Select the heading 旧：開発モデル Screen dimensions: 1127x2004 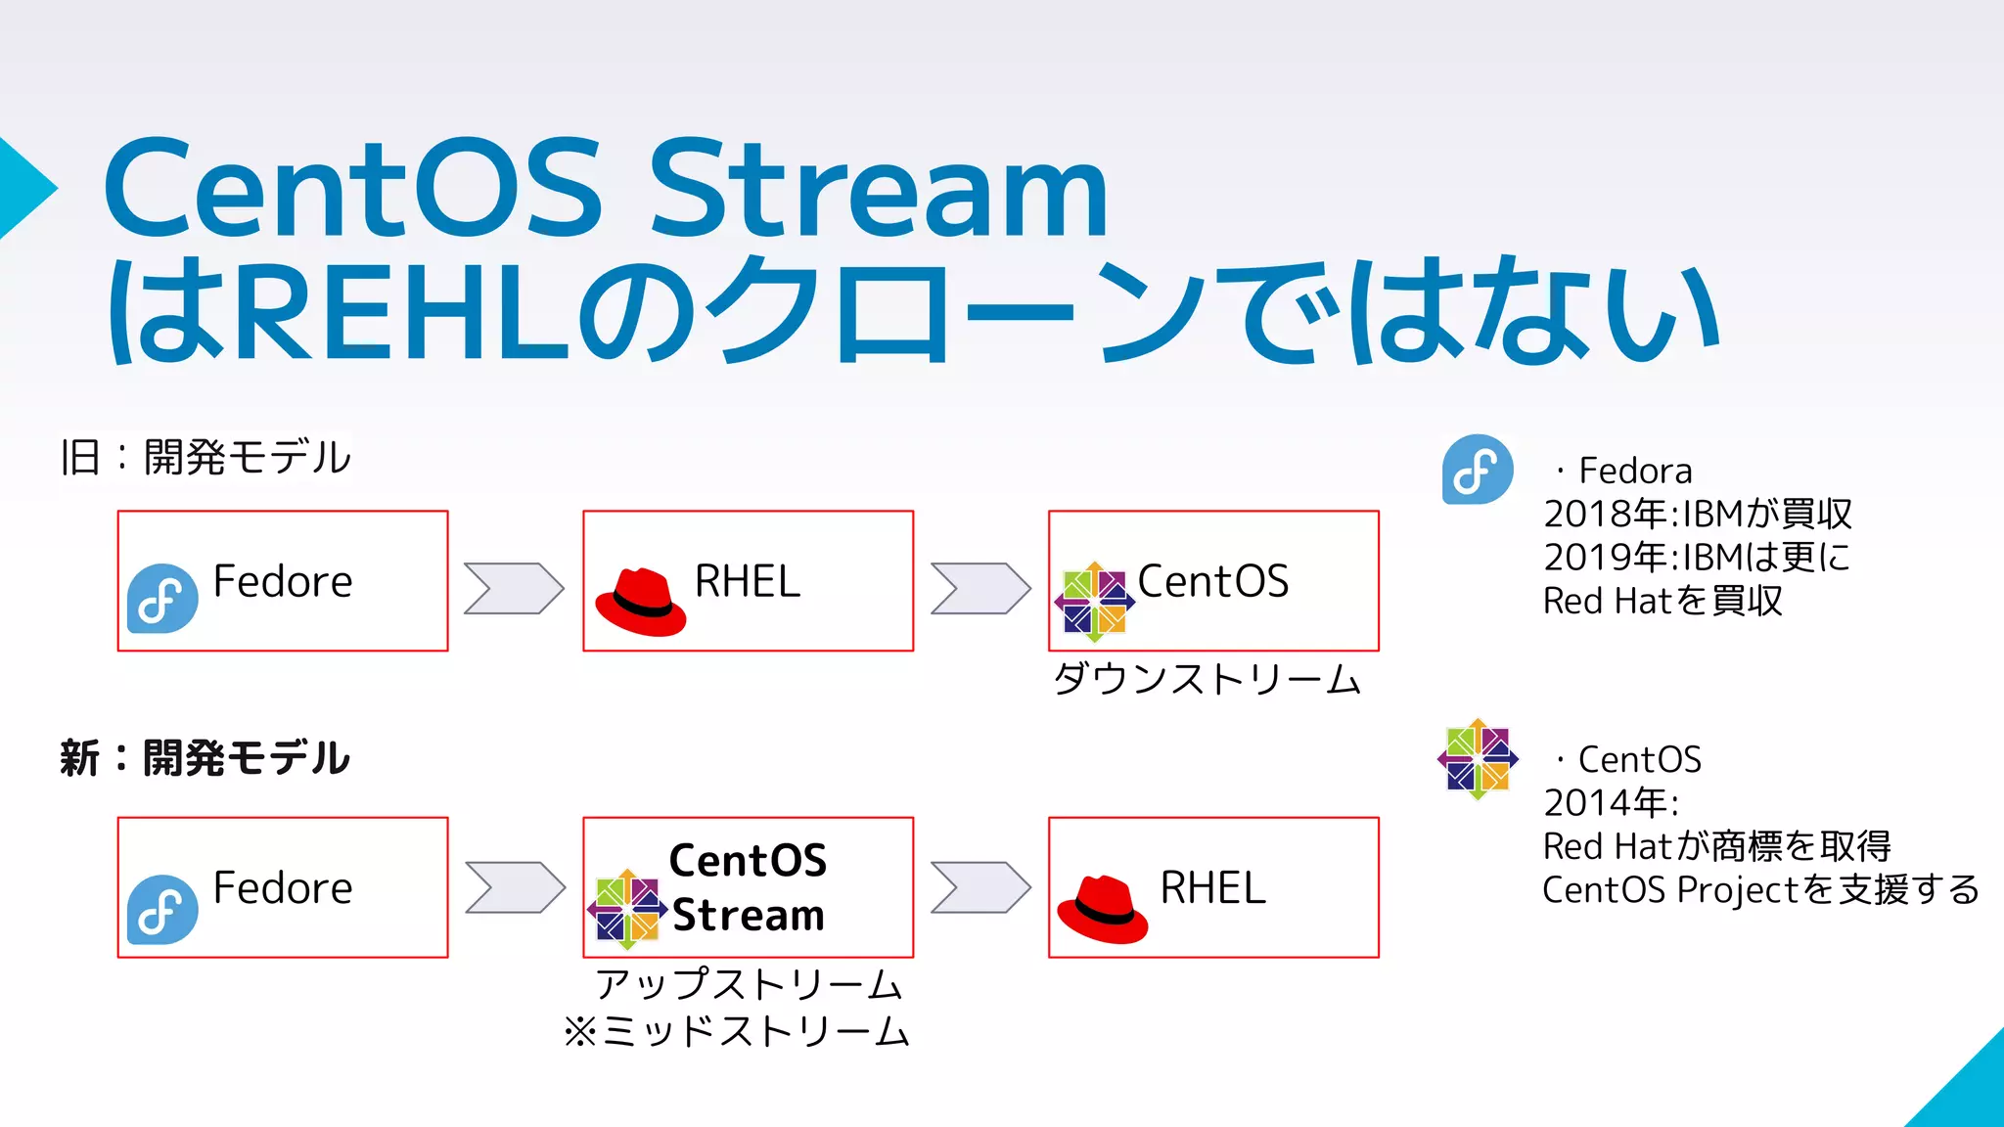click(205, 457)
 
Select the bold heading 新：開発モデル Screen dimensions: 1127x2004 click(205, 758)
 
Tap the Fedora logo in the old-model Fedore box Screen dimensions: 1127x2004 click(162, 598)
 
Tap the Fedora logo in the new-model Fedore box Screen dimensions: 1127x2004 click(162, 909)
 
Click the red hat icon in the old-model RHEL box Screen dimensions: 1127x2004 click(641, 602)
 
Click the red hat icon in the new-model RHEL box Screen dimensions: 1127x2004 click(1102, 910)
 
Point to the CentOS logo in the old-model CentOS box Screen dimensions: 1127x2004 click(1094, 602)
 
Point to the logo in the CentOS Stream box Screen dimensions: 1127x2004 click(627, 909)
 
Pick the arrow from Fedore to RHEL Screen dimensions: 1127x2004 click(514, 588)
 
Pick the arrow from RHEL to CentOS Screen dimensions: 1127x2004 click(980, 588)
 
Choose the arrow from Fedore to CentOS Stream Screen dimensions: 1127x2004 click(515, 887)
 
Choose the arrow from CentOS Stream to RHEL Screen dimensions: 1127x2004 click(980, 887)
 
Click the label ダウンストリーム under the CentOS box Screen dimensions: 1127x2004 click(1207, 678)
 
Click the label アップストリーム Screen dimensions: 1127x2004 click(749, 984)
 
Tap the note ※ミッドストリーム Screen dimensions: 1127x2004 click(737, 1031)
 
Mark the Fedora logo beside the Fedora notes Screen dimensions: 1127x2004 click(1478, 470)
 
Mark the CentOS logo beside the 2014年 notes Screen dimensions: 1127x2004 click(1478, 758)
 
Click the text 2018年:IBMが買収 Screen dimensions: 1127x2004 click(1698, 514)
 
